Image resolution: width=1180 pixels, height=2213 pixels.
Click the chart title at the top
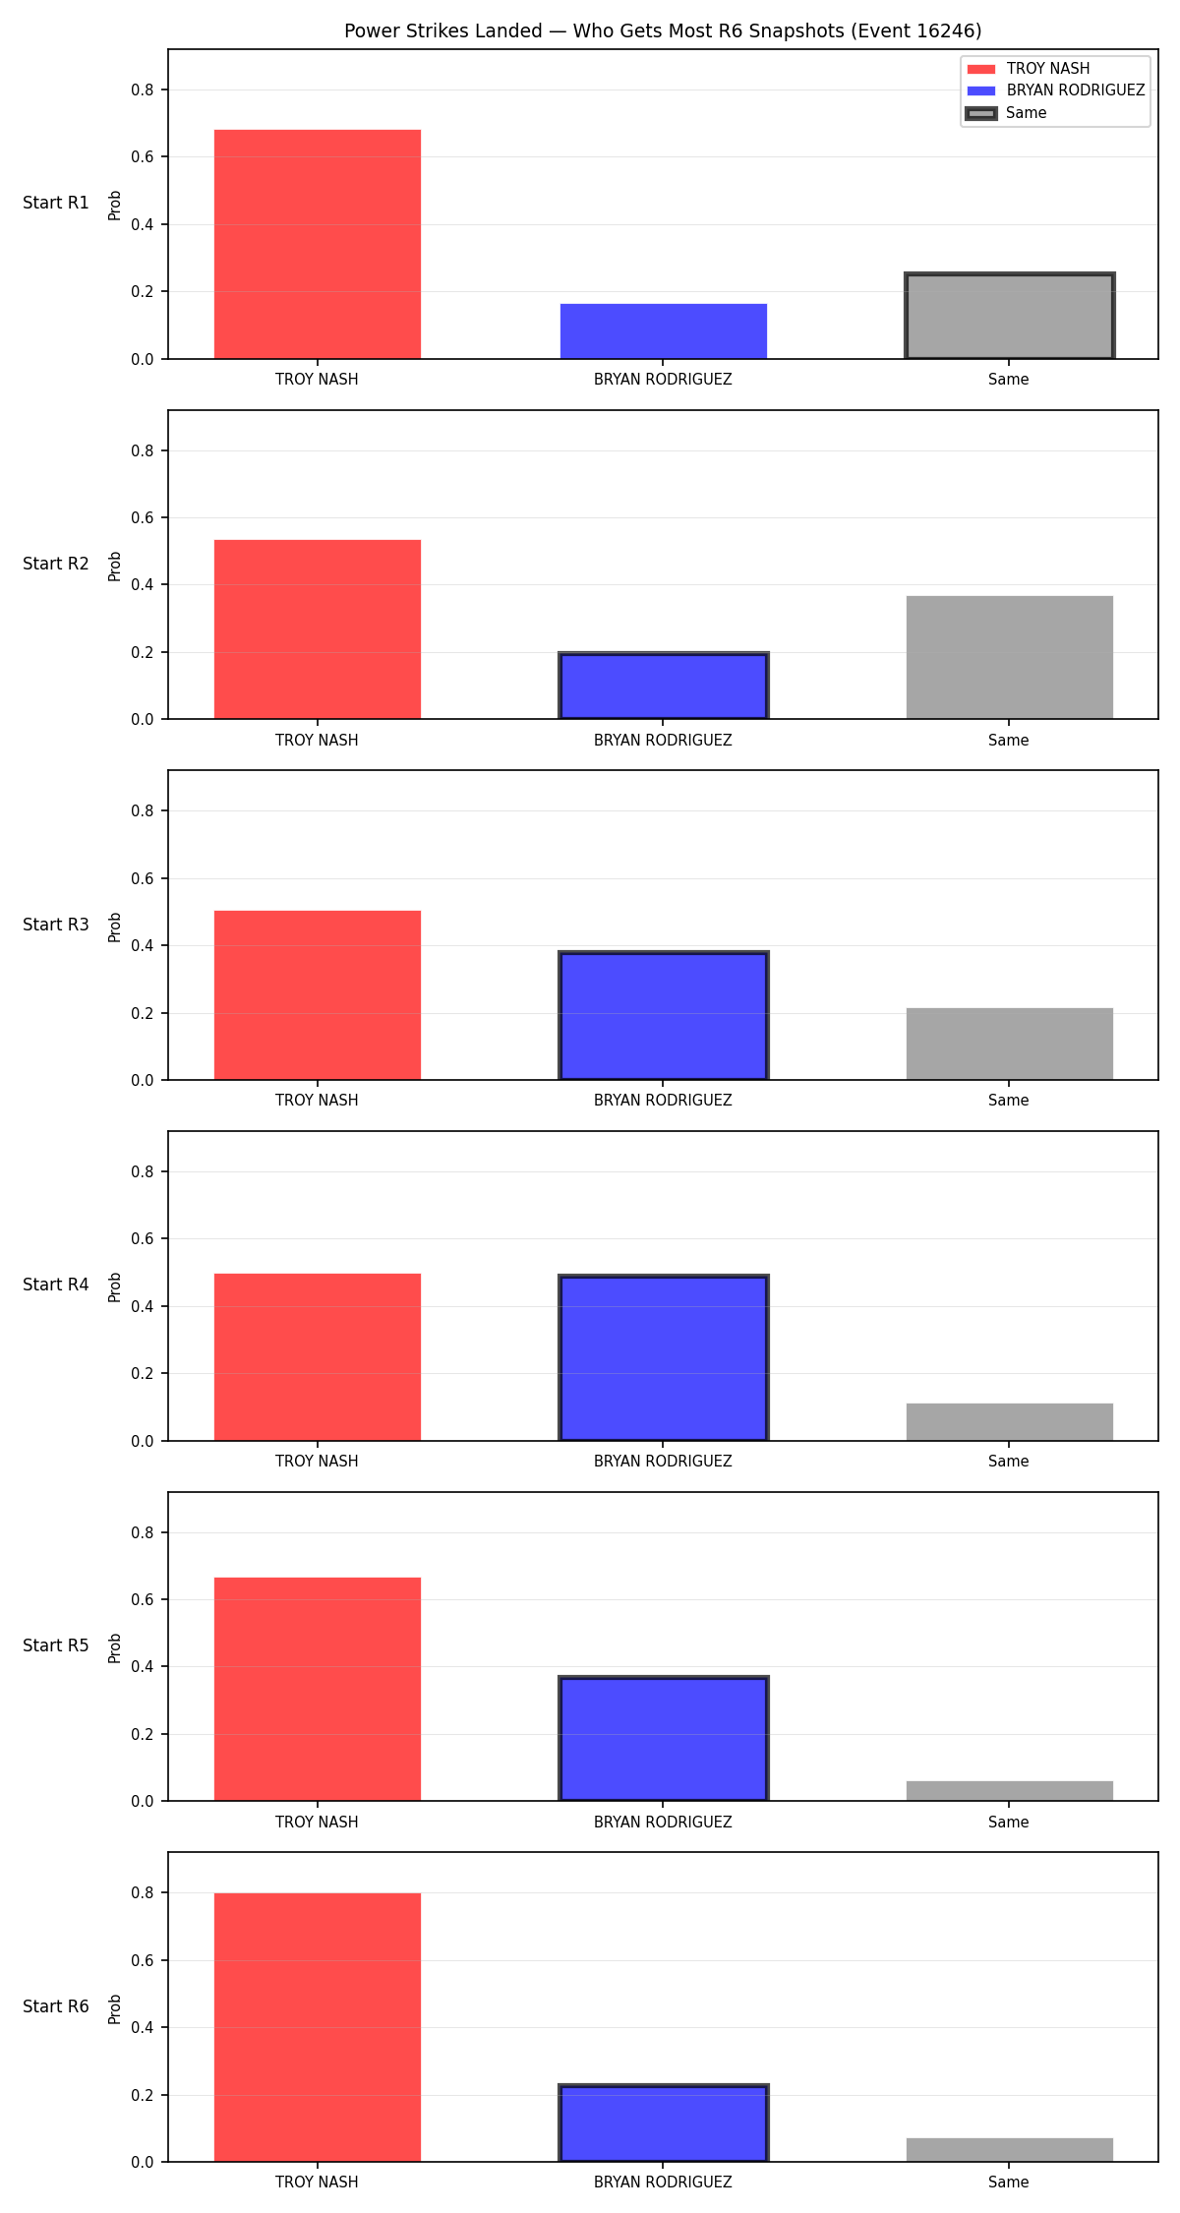pos(663,30)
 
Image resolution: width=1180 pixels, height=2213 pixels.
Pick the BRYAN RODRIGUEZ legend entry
pos(1056,90)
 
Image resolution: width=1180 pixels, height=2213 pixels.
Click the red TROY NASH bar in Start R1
pos(318,244)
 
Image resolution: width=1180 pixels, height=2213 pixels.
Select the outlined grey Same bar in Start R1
pos(1010,316)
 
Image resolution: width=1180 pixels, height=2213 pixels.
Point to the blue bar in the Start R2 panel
pos(664,686)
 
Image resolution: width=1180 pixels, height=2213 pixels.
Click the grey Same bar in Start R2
pos(1010,657)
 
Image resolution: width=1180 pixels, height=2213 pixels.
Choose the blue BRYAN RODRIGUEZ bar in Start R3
pos(664,1016)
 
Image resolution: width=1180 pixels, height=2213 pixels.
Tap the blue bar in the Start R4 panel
pos(664,1357)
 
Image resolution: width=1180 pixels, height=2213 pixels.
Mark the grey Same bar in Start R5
pos(1010,1791)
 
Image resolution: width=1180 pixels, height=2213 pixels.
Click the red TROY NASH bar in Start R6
pos(318,2027)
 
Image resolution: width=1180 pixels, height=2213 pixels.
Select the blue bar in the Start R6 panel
pos(664,2123)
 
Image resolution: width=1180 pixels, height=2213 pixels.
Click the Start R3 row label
pos(56,925)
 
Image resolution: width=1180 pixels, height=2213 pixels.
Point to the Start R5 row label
pos(56,1645)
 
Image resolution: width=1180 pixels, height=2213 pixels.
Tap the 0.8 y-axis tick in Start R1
pos(143,90)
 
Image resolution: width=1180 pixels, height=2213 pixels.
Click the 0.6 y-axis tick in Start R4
pos(143,1238)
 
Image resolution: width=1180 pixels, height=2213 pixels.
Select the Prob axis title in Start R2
pos(115,566)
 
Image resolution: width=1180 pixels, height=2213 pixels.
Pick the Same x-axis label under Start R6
pos(1009,2182)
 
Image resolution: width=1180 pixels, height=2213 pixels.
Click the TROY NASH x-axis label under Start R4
pos(317,1461)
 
